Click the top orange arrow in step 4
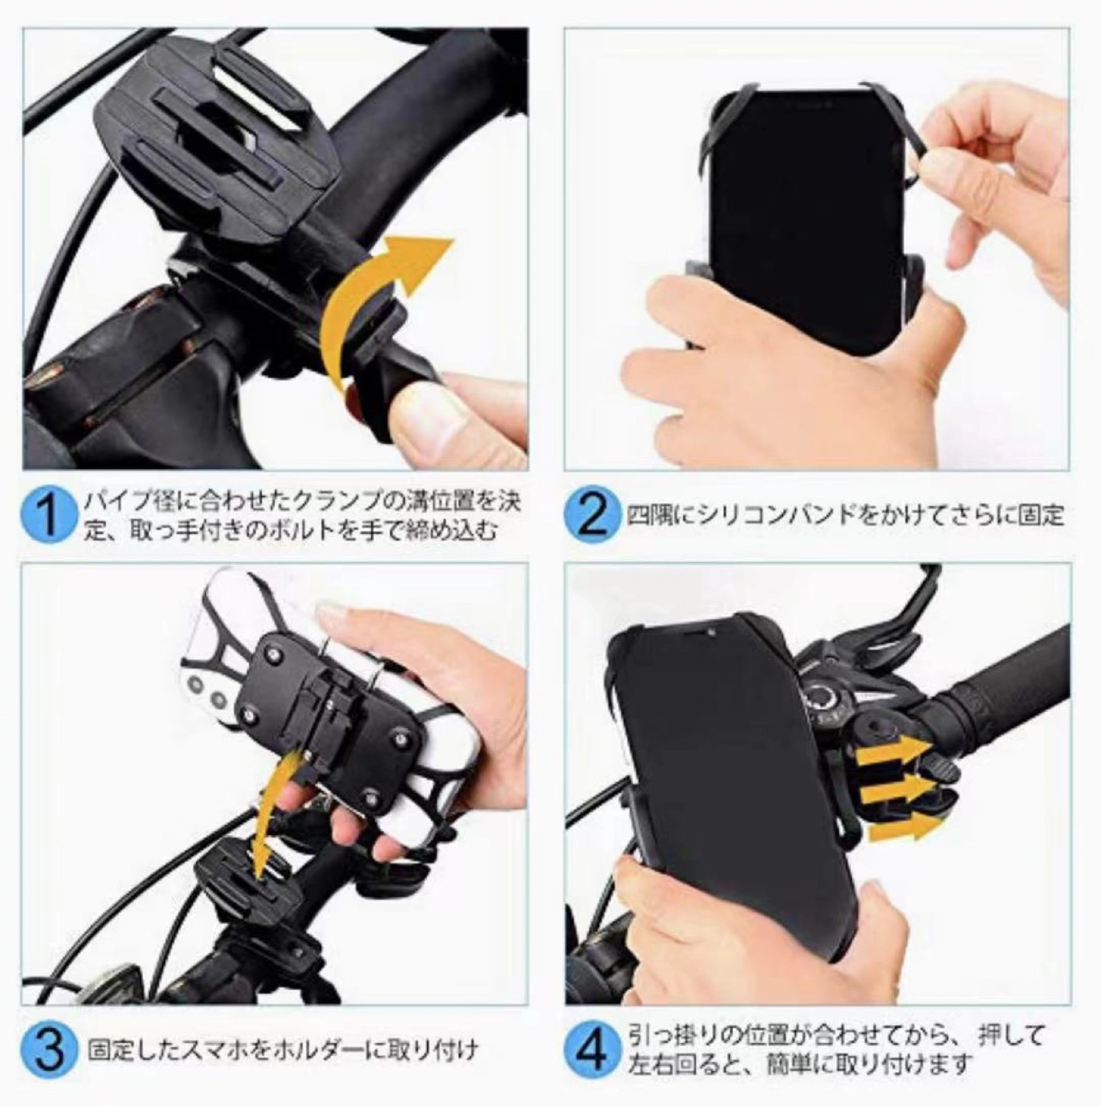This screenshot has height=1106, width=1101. click(891, 748)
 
